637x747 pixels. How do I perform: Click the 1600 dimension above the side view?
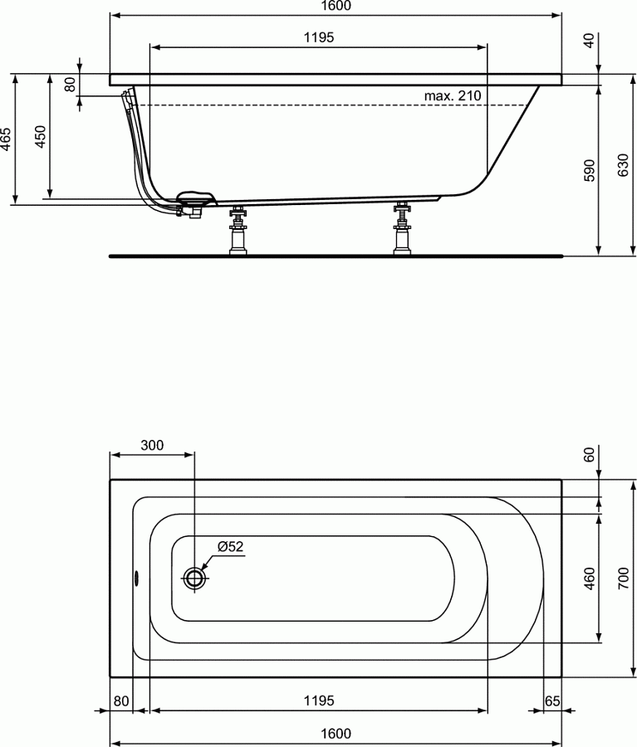point(335,6)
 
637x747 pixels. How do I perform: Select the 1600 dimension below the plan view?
point(335,734)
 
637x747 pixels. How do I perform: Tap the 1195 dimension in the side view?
point(318,37)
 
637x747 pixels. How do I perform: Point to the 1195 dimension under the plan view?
point(318,701)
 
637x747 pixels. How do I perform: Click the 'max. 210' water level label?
point(453,96)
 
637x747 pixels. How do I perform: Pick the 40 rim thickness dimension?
point(589,41)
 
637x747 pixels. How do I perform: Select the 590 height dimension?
point(589,169)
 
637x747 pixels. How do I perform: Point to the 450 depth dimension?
point(40,137)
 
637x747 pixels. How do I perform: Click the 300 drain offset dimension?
point(152,445)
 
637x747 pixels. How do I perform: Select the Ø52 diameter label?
point(230,546)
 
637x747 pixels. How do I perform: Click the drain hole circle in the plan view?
point(194,578)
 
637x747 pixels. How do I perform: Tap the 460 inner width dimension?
point(589,578)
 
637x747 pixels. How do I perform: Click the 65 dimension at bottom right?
point(552,701)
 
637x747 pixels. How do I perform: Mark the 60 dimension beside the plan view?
point(589,455)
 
